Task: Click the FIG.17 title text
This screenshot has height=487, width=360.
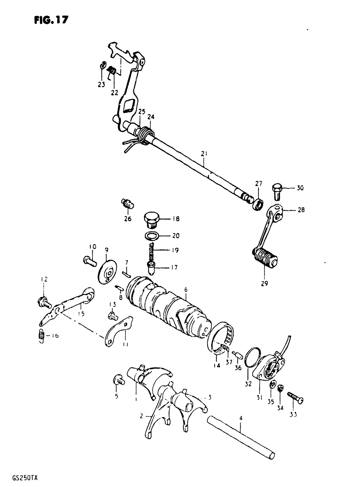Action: (x=51, y=20)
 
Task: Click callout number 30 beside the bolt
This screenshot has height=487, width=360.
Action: (x=300, y=188)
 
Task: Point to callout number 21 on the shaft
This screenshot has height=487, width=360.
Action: (x=204, y=154)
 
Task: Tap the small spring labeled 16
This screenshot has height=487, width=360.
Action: (x=41, y=336)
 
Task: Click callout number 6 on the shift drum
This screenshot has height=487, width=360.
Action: (x=186, y=289)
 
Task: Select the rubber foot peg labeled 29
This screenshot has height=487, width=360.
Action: (x=266, y=259)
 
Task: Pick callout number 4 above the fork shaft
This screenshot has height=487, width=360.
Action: (x=240, y=419)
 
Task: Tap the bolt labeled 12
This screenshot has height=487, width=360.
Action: (x=43, y=302)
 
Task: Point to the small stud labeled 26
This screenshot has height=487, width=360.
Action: (x=128, y=204)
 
